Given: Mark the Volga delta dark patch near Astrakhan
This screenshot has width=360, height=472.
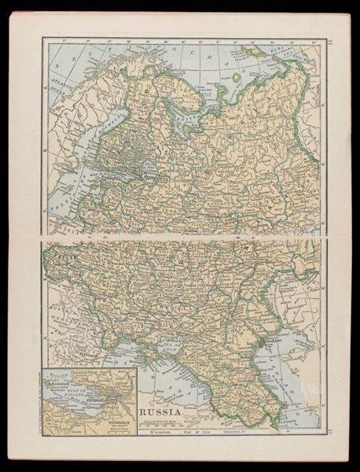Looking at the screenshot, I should pyautogui.click(x=274, y=345).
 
